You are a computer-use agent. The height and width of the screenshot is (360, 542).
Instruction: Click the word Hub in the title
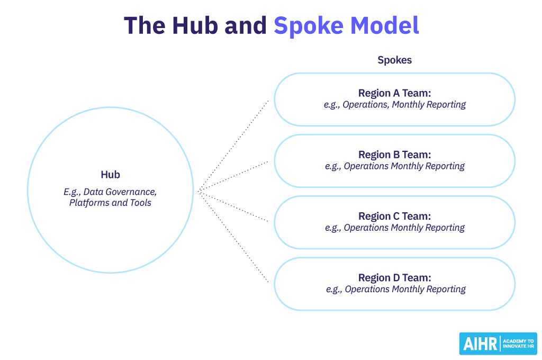point(195,25)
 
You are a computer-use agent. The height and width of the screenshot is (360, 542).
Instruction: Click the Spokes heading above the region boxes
point(394,60)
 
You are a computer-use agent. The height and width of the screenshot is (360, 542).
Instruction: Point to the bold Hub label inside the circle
point(110,175)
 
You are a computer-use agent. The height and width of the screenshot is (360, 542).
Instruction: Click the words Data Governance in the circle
point(120,192)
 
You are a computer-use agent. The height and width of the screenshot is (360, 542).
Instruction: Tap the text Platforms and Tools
point(110,203)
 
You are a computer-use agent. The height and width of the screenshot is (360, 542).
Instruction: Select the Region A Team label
point(394,93)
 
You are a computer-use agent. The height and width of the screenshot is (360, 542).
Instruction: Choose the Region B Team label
point(394,155)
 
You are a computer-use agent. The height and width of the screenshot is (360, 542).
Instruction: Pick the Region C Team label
point(394,216)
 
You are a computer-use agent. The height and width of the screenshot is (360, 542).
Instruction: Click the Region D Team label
point(394,278)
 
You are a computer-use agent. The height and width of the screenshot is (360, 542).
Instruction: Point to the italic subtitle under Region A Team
point(395,105)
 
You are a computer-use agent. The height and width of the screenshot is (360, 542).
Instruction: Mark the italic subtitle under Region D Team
point(396,290)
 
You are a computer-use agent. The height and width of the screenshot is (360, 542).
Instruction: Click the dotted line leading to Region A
point(233,146)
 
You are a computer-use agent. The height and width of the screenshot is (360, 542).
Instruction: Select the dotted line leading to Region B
point(233,176)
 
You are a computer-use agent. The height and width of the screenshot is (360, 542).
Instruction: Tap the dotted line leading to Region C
point(233,206)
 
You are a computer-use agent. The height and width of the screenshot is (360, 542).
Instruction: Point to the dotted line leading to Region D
point(233,237)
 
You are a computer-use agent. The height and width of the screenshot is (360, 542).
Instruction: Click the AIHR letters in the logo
point(480,344)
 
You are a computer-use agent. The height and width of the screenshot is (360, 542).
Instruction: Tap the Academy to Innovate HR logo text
point(518,344)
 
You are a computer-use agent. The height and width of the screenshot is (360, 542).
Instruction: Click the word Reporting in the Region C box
point(445,228)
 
